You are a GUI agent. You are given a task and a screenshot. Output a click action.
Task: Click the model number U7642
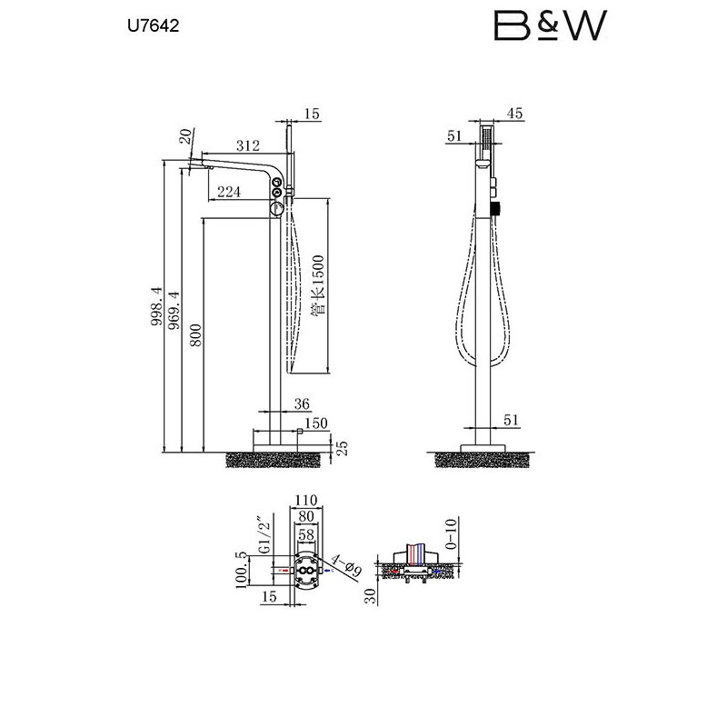pyautogui.click(x=153, y=25)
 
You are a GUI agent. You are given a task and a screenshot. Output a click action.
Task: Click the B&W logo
pyautogui.click(x=551, y=25)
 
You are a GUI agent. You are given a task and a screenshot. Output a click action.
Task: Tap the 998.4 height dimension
pyautogui.click(x=157, y=306)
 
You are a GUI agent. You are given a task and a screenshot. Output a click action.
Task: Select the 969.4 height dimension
pyautogui.click(x=174, y=310)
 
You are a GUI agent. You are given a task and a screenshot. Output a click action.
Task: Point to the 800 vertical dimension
pyautogui.click(x=196, y=335)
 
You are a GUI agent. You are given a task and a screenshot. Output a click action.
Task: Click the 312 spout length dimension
pyautogui.click(x=248, y=145)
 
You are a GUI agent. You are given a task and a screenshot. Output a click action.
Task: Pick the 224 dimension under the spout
pyautogui.click(x=229, y=191)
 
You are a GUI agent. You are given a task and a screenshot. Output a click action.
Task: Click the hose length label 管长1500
pyautogui.click(x=318, y=285)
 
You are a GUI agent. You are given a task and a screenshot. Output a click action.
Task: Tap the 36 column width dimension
pyautogui.click(x=302, y=403)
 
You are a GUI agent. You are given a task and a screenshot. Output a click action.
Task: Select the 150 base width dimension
pyautogui.click(x=316, y=423)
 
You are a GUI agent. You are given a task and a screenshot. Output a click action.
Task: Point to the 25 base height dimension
pyautogui.click(x=342, y=448)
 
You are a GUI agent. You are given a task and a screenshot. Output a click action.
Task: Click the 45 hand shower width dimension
pyautogui.click(x=514, y=113)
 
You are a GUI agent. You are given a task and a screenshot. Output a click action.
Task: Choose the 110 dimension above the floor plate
pyautogui.click(x=306, y=501)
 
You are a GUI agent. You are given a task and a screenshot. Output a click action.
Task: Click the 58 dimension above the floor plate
pyautogui.click(x=306, y=534)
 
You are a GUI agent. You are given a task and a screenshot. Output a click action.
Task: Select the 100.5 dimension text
pyautogui.click(x=241, y=570)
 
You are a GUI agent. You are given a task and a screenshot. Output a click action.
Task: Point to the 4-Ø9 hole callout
pyautogui.click(x=346, y=564)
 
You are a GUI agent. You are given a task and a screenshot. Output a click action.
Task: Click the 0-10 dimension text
pyautogui.click(x=451, y=533)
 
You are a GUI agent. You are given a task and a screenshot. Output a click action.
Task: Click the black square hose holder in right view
pyautogui.click(x=495, y=209)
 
